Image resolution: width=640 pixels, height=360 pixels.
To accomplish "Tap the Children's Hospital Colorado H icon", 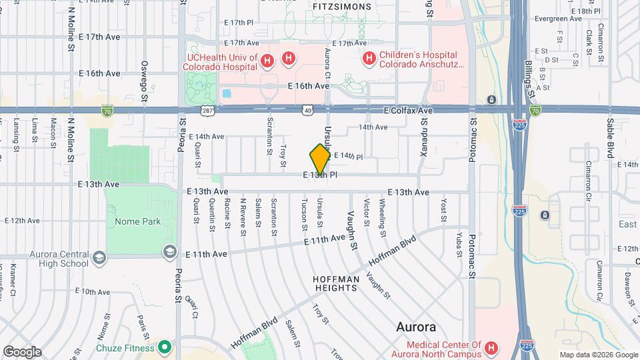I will click(x=369, y=60).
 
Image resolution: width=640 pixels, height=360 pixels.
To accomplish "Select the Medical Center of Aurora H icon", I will click(x=491, y=348).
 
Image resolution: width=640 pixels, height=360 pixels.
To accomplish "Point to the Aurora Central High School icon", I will click(x=99, y=257).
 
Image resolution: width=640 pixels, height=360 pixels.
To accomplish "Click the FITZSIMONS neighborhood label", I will click(x=341, y=6).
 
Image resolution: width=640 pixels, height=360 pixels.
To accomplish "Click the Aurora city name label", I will click(x=416, y=327).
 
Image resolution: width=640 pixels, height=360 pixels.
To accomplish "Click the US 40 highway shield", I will click(x=307, y=109).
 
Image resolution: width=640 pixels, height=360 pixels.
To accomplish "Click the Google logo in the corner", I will click(x=22, y=351).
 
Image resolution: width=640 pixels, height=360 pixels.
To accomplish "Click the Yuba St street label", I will click(x=459, y=245).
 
